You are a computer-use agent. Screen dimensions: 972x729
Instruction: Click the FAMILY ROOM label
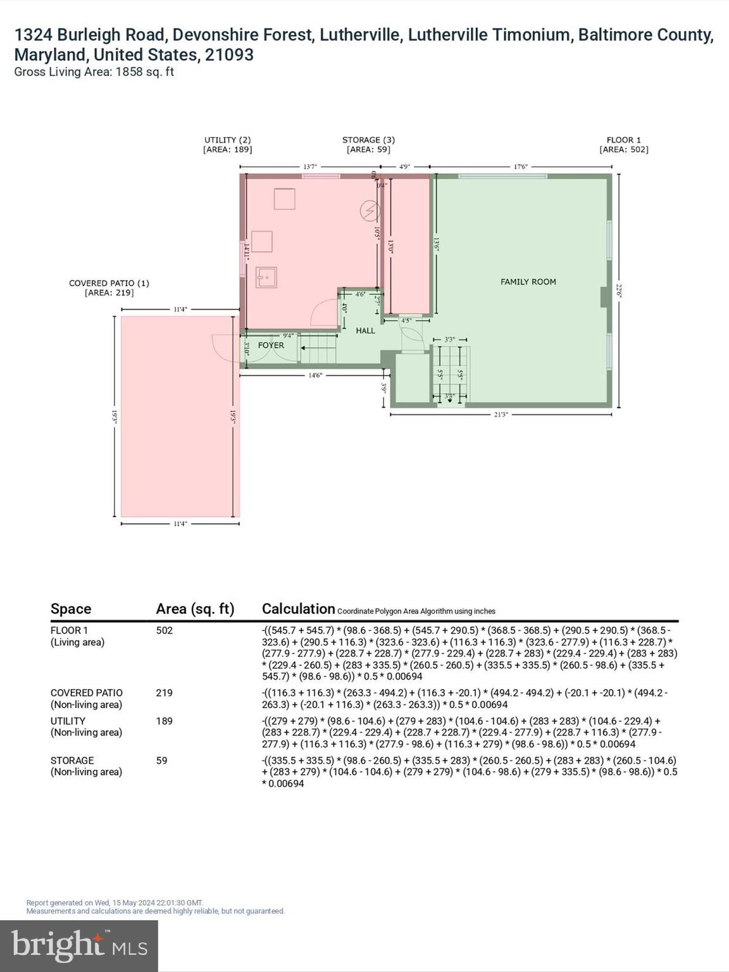pos(528,282)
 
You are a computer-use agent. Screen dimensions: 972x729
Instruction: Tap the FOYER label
pos(271,346)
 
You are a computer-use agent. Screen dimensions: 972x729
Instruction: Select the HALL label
pos(365,330)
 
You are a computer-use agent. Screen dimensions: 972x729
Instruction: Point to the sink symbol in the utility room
pos(266,277)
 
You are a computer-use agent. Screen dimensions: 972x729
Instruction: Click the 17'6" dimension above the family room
pos(520,167)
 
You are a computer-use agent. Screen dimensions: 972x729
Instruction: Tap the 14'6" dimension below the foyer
pos(315,375)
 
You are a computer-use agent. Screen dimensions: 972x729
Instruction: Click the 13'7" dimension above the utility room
pos(309,167)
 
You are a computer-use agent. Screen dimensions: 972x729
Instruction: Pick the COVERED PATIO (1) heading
pos(109,283)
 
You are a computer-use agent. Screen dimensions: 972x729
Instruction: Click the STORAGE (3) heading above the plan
pos(368,140)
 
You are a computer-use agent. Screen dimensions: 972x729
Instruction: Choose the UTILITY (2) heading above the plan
pos(227,140)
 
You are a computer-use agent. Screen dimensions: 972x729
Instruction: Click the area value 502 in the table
pos(164,630)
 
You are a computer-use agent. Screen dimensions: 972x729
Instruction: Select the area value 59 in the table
pos(161,760)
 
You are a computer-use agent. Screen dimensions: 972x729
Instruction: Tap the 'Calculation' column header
pos(298,609)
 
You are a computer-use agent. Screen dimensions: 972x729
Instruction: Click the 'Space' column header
pos(71,609)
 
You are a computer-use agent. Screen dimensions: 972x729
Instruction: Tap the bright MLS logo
pos(79,946)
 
